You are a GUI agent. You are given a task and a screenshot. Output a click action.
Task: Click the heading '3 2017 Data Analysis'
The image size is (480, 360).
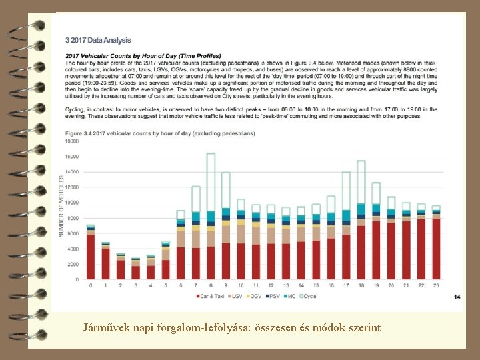pyautogui.click(x=98, y=41)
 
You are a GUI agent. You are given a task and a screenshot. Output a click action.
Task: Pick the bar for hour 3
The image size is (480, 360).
pyautogui.click(x=135, y=269)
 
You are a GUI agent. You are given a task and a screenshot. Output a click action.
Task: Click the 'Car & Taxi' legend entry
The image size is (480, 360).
pyautogui.click(x=211, y=296)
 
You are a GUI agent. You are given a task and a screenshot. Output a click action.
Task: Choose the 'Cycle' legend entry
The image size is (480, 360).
pyautogui.click(x=307, y=296)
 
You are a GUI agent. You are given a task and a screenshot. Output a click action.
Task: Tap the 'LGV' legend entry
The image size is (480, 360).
pyautogui.click(x=237, y=296)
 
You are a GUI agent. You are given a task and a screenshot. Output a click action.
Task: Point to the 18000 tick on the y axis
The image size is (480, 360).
pyautogui.click(x=71, y=141)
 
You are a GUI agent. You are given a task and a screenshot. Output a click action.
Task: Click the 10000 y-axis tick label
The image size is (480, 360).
pyautogui.click(x=71, y=203)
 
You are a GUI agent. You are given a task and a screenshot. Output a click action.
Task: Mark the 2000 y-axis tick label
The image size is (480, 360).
pyautogui.click(x=73, y=264)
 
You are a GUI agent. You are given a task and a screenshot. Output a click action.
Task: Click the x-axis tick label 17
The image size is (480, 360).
pyautogui.click(x=346, y=285)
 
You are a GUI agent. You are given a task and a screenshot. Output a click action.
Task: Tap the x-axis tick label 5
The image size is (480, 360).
pyautogui.click(x=165, y=285)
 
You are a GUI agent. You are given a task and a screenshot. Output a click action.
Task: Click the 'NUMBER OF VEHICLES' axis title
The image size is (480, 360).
pyautogui.click(x=61, y=206)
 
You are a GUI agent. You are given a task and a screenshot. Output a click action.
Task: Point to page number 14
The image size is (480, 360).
pyautogui.click(x=456, y=296)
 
